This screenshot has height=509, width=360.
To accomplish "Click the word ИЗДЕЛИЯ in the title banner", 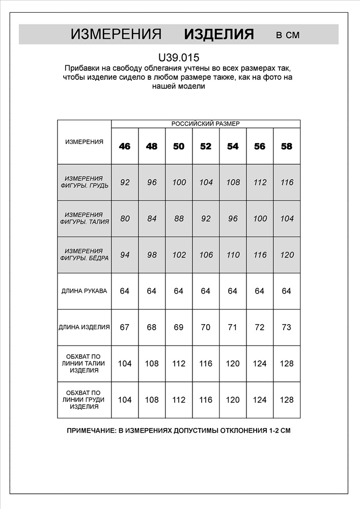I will tap(219, 35).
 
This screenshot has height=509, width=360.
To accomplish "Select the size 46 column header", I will tap(125, 147).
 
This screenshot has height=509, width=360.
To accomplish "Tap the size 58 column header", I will tap(287, 147).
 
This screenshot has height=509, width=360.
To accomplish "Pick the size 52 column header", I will tap(206, 147).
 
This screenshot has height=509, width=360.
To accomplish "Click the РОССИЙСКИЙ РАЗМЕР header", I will tap(205, 124).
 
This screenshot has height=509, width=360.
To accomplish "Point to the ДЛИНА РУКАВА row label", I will tap(84, 291).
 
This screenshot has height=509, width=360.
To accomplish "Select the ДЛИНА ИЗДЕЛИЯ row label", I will tap(84, 327).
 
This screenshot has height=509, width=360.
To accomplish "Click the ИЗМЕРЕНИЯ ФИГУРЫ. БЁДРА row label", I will tap(84, 255).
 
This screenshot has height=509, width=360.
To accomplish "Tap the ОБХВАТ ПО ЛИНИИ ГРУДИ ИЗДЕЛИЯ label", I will tap(84, 400).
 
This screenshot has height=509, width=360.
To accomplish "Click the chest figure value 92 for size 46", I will tap(125, 182).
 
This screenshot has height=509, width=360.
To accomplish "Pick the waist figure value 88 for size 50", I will tap(179, 219).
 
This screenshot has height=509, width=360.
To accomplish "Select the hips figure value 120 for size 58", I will tap(287, 255).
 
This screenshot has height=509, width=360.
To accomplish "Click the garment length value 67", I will tap(125, 327).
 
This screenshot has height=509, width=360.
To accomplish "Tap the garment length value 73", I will tap(287, 327).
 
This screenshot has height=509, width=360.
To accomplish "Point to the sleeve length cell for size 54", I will tap(233, 291).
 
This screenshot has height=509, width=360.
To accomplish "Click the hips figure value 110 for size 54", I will tap(233, 255).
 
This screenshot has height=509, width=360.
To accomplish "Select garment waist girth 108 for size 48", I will tap(152, 363).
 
